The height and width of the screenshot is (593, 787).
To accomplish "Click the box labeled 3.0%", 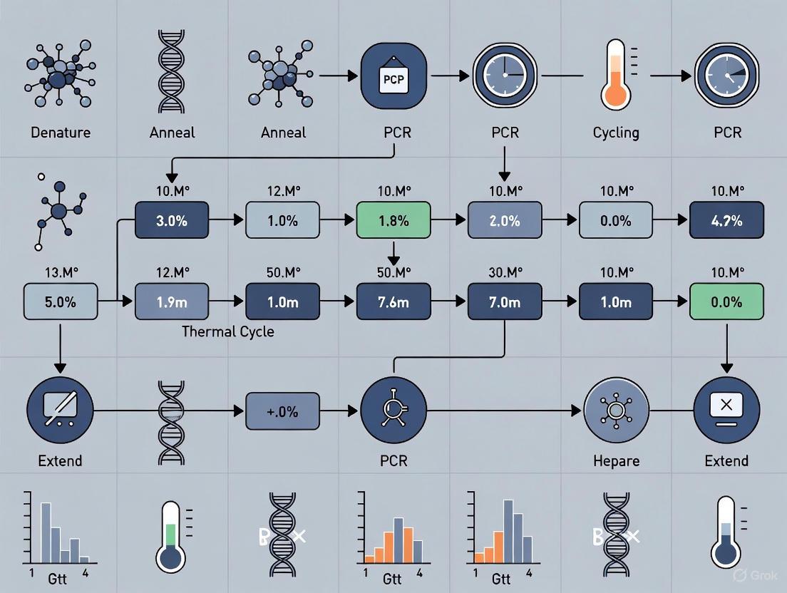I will pyautogui.click(x=171, y=220).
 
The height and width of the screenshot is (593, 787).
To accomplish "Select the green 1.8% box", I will pyautogui.click(x=393, y=220).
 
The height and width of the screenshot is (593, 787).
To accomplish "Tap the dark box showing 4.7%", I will pyautogui.click(x=726, y=220).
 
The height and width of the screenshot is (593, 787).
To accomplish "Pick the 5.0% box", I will pyautogui.click(x=60, y=301).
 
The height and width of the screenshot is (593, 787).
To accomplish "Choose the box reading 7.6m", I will pyautogui.click(x=393, y=301).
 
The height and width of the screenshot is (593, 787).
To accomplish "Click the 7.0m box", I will pyautogui.click(x=505, y=301).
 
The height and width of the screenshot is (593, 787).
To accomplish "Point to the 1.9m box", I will pyautogui.click(x=171, y=301).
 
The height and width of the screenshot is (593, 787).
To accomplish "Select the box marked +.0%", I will pyautogui.click(x=282, y=411).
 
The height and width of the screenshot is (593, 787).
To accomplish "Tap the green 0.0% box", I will pyautogui.click(x=726, y=301).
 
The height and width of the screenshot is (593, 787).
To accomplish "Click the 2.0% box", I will pyautogui.click(x=505, y=220).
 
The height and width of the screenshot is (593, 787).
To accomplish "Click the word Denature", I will pyautogui.click(x=60, y=133).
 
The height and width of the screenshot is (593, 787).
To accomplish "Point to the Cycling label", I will pyautogui.click(x=616, y=133).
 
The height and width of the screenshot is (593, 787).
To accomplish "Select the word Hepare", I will pyautogui.click(x=616, y=460).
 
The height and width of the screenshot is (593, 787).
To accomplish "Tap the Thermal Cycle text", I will pyautogui.click(x=227, y=331).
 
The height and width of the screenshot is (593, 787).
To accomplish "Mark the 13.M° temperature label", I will pyautogui.click(x=60, y=272).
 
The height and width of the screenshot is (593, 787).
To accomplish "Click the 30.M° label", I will pyautogui.click(x=505, y=272).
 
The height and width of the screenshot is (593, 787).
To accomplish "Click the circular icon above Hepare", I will pyautogui.click(x=616, y=410).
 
